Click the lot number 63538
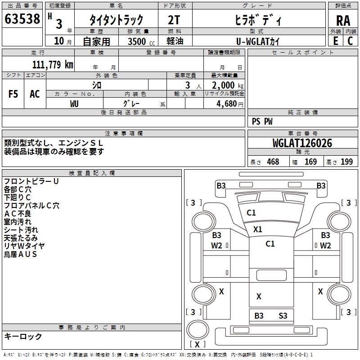pos(22,19)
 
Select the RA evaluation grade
pos(343,21)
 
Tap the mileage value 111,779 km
pos(53,64)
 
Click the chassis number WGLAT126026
pos(302,143)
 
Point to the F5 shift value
pos(13,94)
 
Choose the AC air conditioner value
pos(35,94)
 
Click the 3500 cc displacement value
pos(141,41)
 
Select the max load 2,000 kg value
pos(228,85)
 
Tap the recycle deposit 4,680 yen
pos(229,104)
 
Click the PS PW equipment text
pos(262,121)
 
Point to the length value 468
pos(273,162)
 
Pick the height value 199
pos(346,162)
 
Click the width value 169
pos(310,162)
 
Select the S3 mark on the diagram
pos(283,316)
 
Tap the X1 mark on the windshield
pos(257,229)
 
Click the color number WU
pos(74,104)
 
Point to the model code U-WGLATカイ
pos(258,41)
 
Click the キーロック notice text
pos(23,336)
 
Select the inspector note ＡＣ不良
pos(18,213)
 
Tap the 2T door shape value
pos(174,20)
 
